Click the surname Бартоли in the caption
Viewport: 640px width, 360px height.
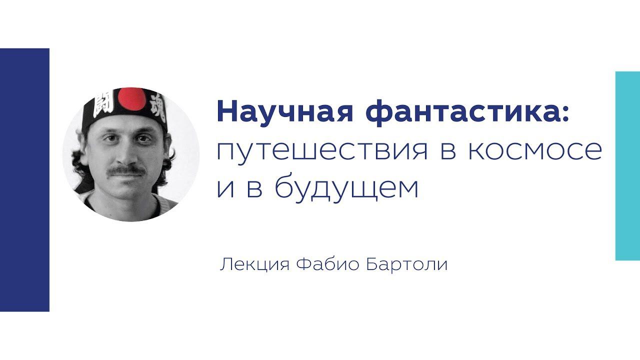(x=407, y=264)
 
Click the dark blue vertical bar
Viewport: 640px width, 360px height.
(x=24, y=180)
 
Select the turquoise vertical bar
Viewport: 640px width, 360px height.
(x=627, y=165)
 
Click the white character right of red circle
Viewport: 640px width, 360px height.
(x=155, y=103)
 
